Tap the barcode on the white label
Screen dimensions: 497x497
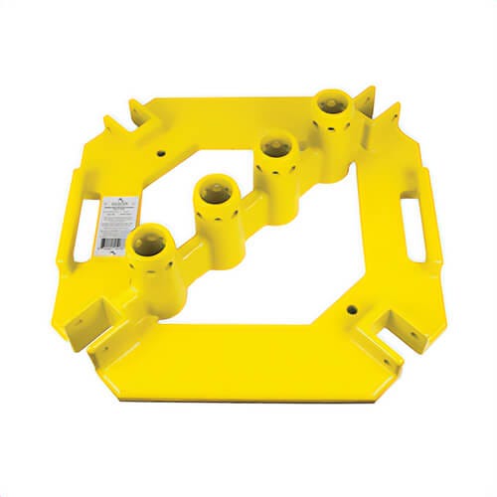tap(112, 240)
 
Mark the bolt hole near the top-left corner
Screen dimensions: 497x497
tap(160, 154)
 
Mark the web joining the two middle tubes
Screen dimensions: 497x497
tap(244, 189)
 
